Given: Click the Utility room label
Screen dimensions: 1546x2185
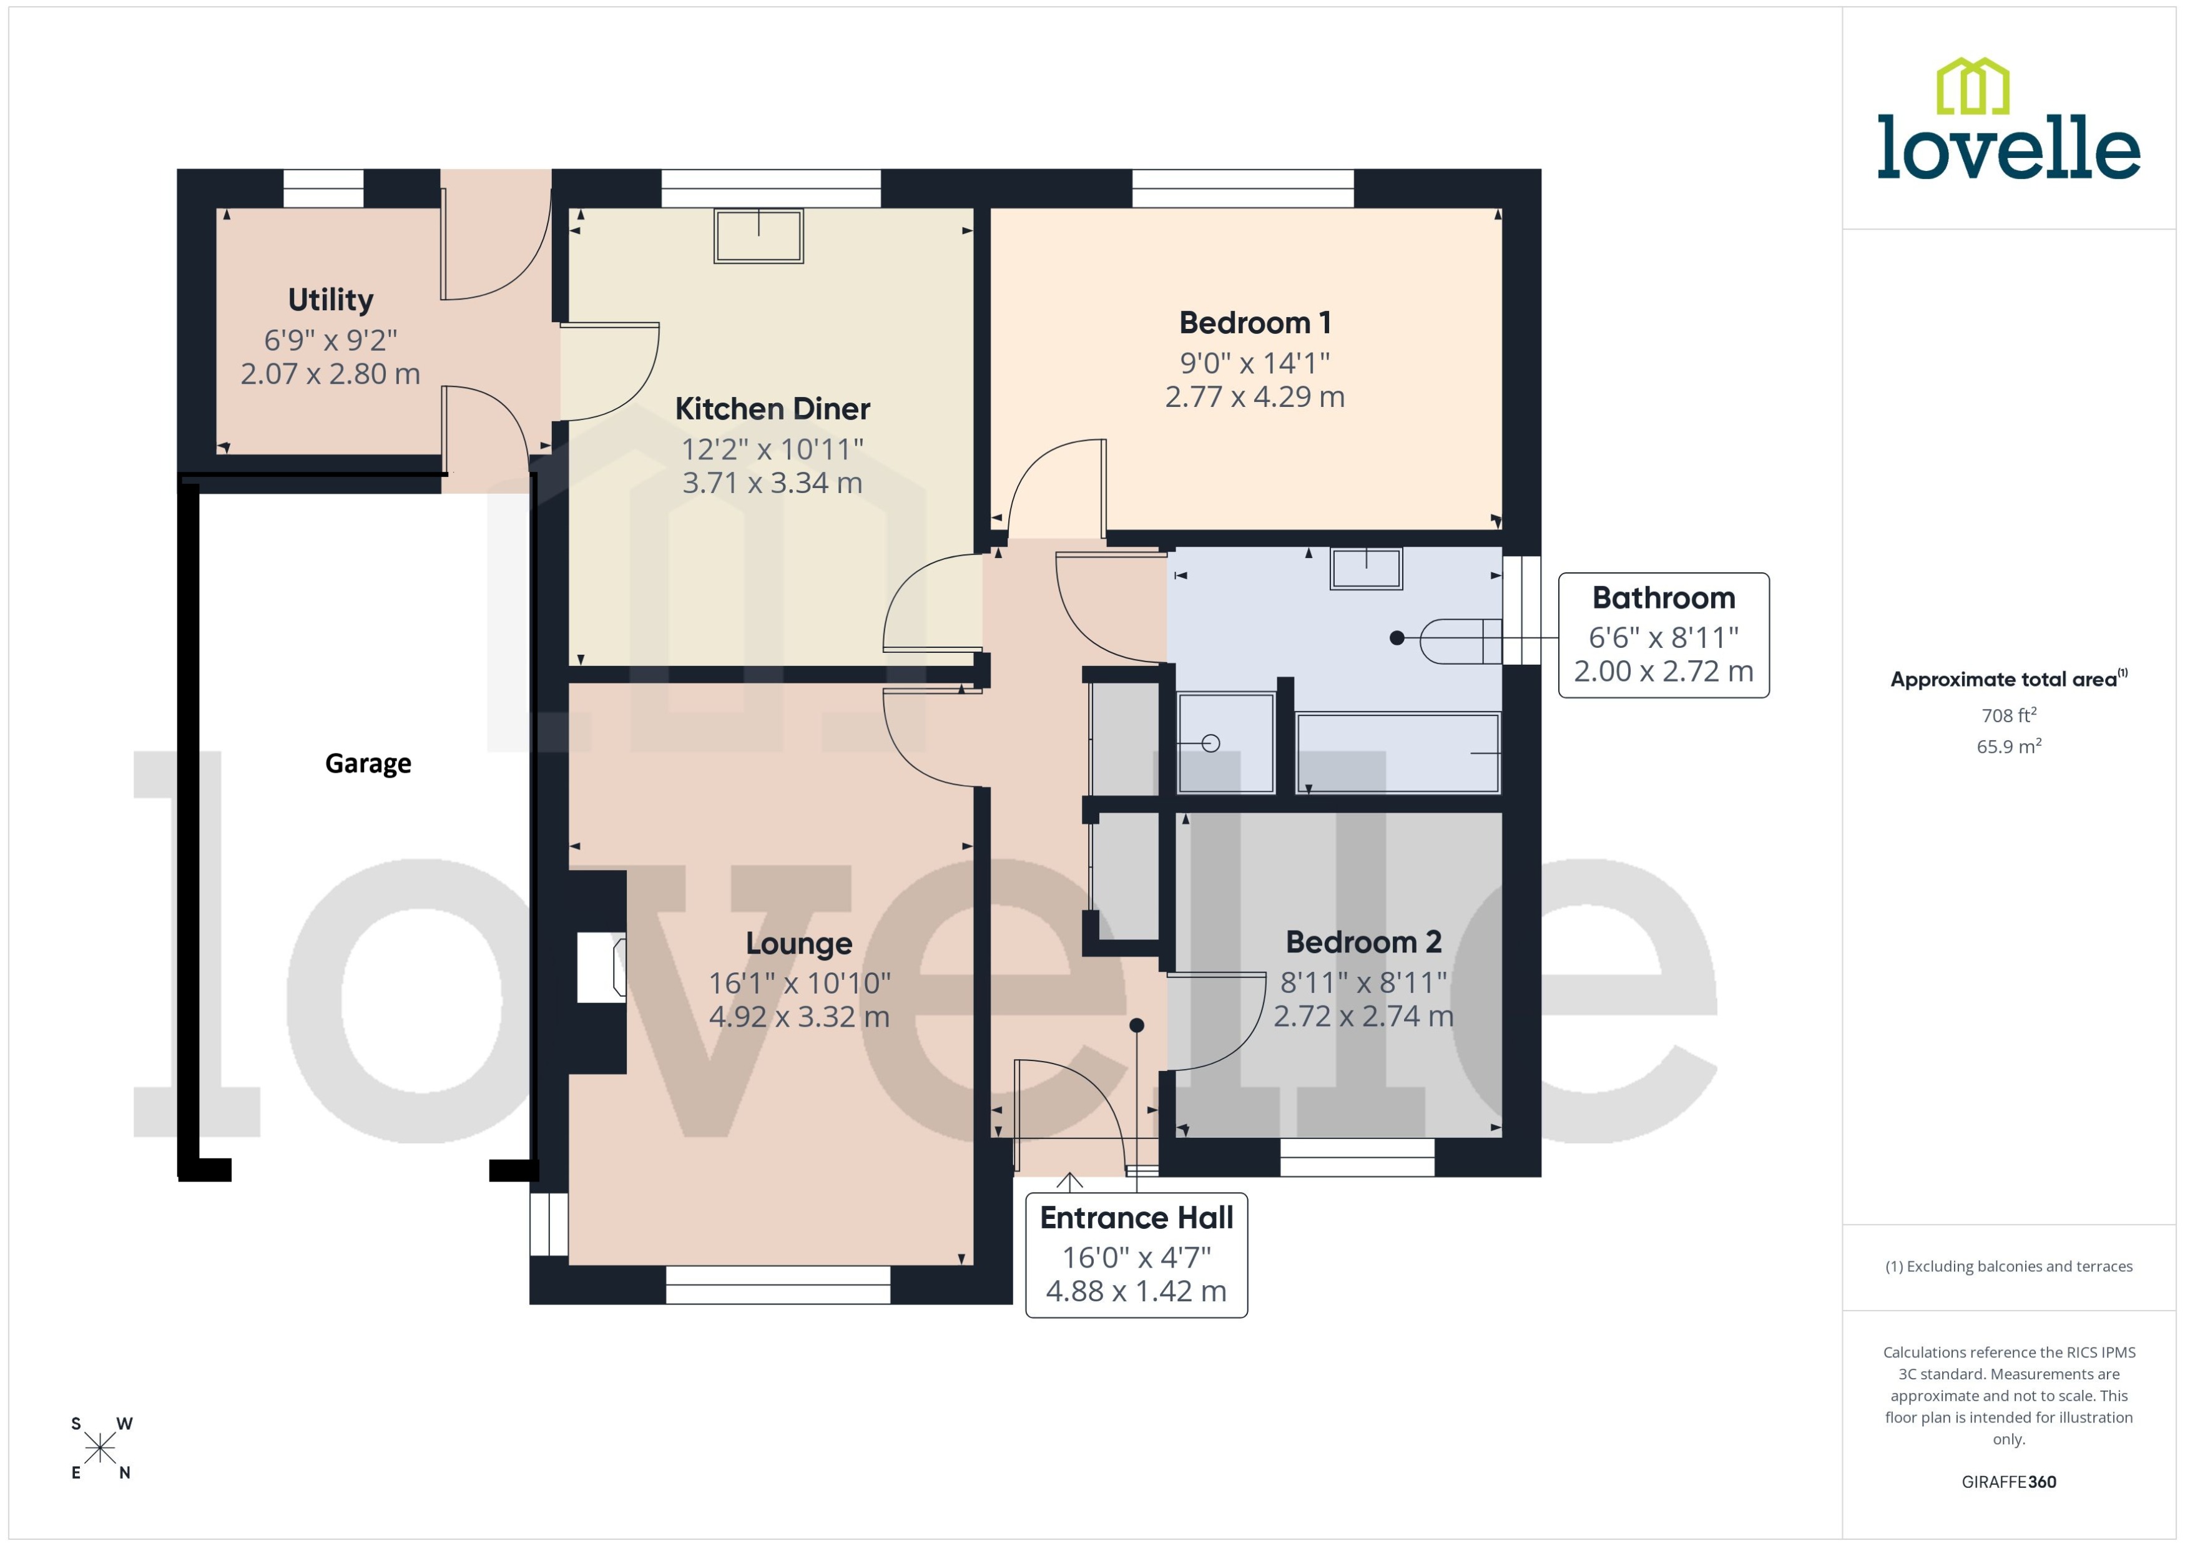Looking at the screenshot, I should tap(330, 300).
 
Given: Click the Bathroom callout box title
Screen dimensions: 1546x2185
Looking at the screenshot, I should tap(1662, 598).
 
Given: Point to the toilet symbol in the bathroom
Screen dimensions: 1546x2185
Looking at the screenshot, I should tap(1458, 640).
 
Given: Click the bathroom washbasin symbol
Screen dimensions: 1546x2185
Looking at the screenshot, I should tap(1365, 569).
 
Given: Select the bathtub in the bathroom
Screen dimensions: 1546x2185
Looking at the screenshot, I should tap(1397, 753).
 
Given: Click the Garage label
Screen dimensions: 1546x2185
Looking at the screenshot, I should tap(368, 763).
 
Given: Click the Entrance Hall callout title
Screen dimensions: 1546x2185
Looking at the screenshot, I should tap(1135, 1218).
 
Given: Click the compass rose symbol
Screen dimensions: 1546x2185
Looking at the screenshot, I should tap(100, 1449).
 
